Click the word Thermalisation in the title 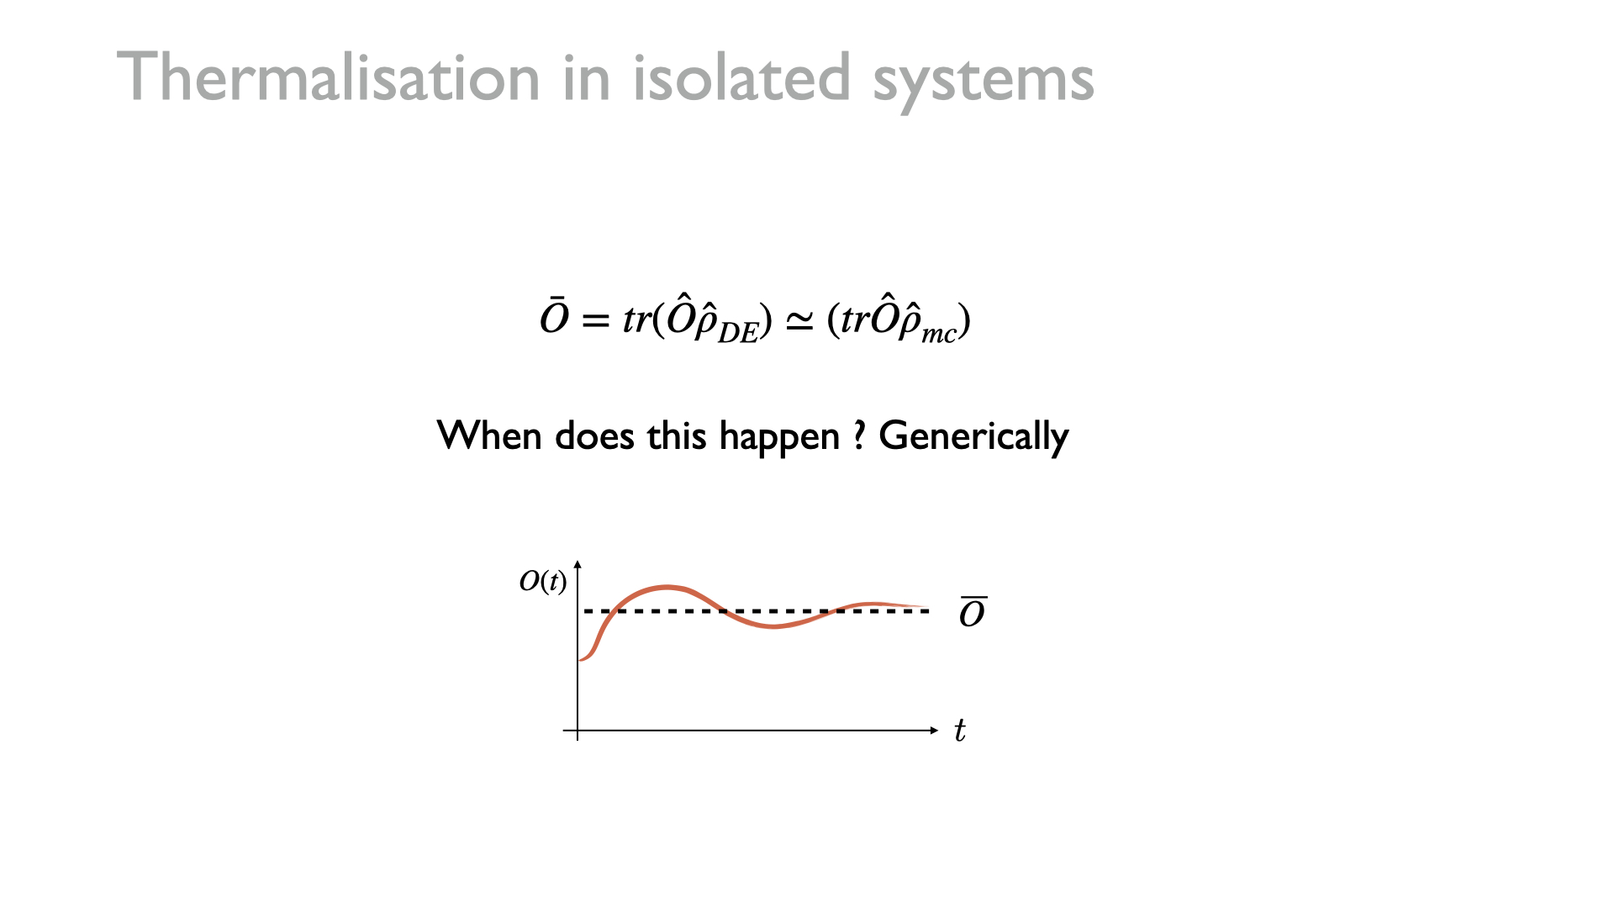[328, 77]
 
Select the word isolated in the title [742, 77]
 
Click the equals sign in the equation [594, 320]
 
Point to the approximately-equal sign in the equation [799, 321]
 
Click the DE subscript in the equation [738, 333]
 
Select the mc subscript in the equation [939, 334]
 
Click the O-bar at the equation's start [554, 316]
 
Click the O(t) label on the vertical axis [543, 581]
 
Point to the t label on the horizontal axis [959, 730]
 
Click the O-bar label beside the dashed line [973, 612]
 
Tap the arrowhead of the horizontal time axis [935, 731]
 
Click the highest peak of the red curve [667, 587]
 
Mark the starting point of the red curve [580, 660]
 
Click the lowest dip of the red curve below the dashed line [774, 626]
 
